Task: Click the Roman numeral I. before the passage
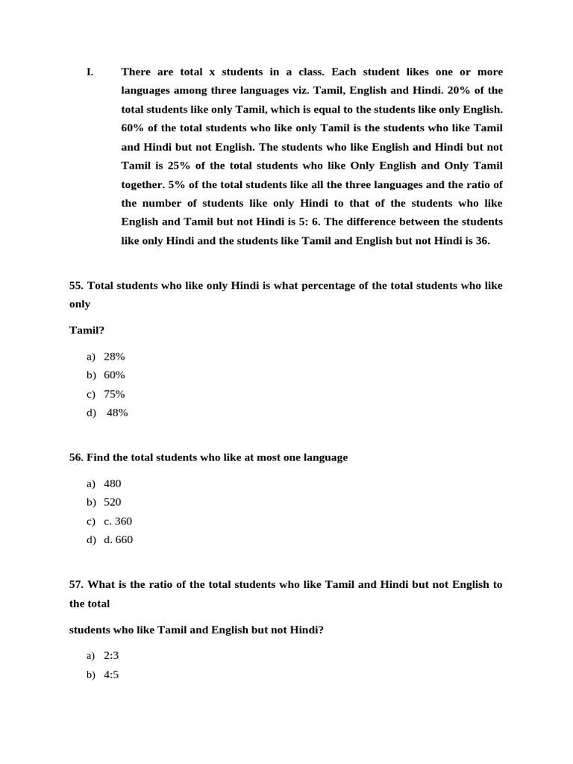90,72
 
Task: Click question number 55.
76,286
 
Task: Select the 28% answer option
114,357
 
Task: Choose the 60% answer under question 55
114,375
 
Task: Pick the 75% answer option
114,394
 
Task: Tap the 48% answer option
117,413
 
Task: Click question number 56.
76,457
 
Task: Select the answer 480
112,483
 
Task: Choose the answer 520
112,502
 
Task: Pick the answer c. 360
118,521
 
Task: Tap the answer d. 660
118,539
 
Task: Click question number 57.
76,585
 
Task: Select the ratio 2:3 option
111,656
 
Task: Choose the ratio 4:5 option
111,674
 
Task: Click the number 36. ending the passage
482,240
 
